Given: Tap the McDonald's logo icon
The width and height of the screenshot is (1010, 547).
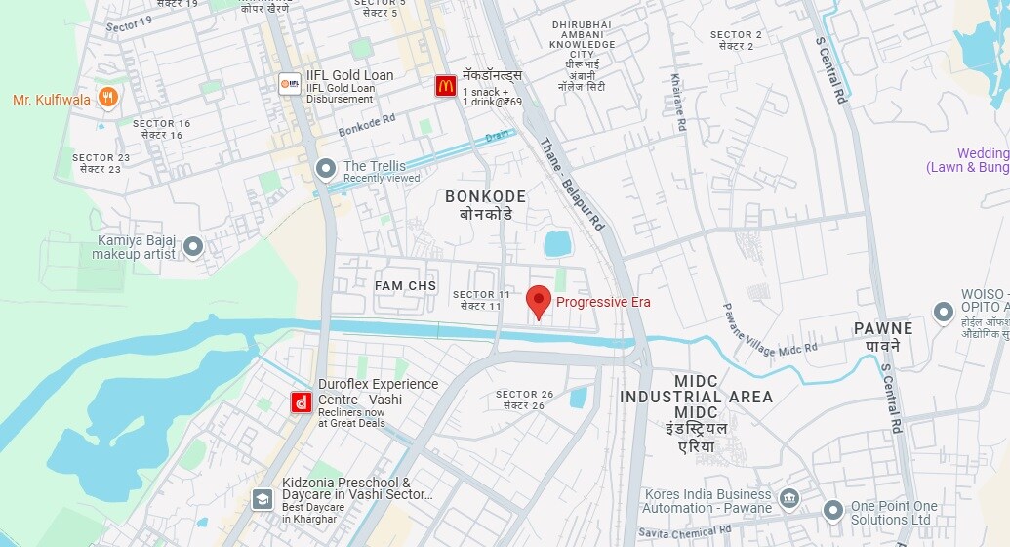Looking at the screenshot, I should (x=445, y=86).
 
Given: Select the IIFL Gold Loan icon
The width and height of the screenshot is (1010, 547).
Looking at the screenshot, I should (x=289, y=83).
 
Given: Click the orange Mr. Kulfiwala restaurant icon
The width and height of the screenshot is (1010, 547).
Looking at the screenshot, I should (x=108, y=98).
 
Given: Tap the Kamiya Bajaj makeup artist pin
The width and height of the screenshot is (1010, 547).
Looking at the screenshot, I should (x=193, y=246).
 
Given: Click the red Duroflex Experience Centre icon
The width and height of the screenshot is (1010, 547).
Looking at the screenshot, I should (x=302, y=401).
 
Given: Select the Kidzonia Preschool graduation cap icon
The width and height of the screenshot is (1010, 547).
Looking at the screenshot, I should (x=262, y=499).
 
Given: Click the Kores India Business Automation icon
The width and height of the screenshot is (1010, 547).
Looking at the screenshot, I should (x=789, y=499).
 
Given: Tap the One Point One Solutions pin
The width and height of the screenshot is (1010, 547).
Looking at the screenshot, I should (x=832, y=510).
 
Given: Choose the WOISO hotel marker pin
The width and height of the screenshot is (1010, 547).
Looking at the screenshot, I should (x=943, y=313).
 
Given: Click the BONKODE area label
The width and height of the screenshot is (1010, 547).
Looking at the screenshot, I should (x=485, y=197).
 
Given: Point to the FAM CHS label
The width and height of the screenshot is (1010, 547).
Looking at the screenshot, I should (x=405, y=285).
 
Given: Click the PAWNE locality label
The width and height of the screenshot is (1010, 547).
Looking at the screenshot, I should (x=883, y=328).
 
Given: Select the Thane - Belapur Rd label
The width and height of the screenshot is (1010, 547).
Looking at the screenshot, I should (x=573, y=185).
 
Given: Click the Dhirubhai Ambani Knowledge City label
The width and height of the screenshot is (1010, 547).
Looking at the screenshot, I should (x=584, y=44).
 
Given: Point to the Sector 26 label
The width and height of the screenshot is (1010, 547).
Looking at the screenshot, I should (x=525, y=395).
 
